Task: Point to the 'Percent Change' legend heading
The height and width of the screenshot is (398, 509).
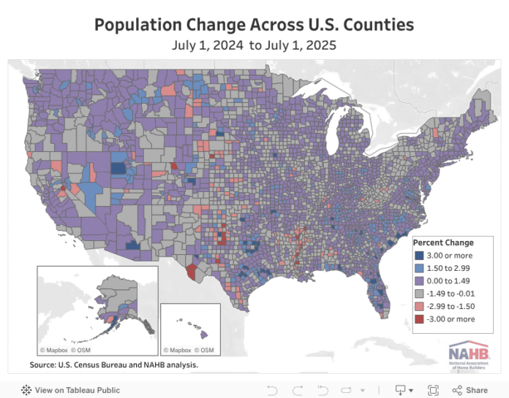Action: (443, 242)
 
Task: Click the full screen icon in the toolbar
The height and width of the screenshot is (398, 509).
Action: (433, 390)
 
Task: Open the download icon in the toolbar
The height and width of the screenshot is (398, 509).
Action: (401, 390)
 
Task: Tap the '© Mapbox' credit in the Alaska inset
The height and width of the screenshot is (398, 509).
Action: (54, 350)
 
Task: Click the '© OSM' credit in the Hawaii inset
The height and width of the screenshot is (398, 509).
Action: (207, 350)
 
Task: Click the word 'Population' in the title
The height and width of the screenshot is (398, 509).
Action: (139, 25)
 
